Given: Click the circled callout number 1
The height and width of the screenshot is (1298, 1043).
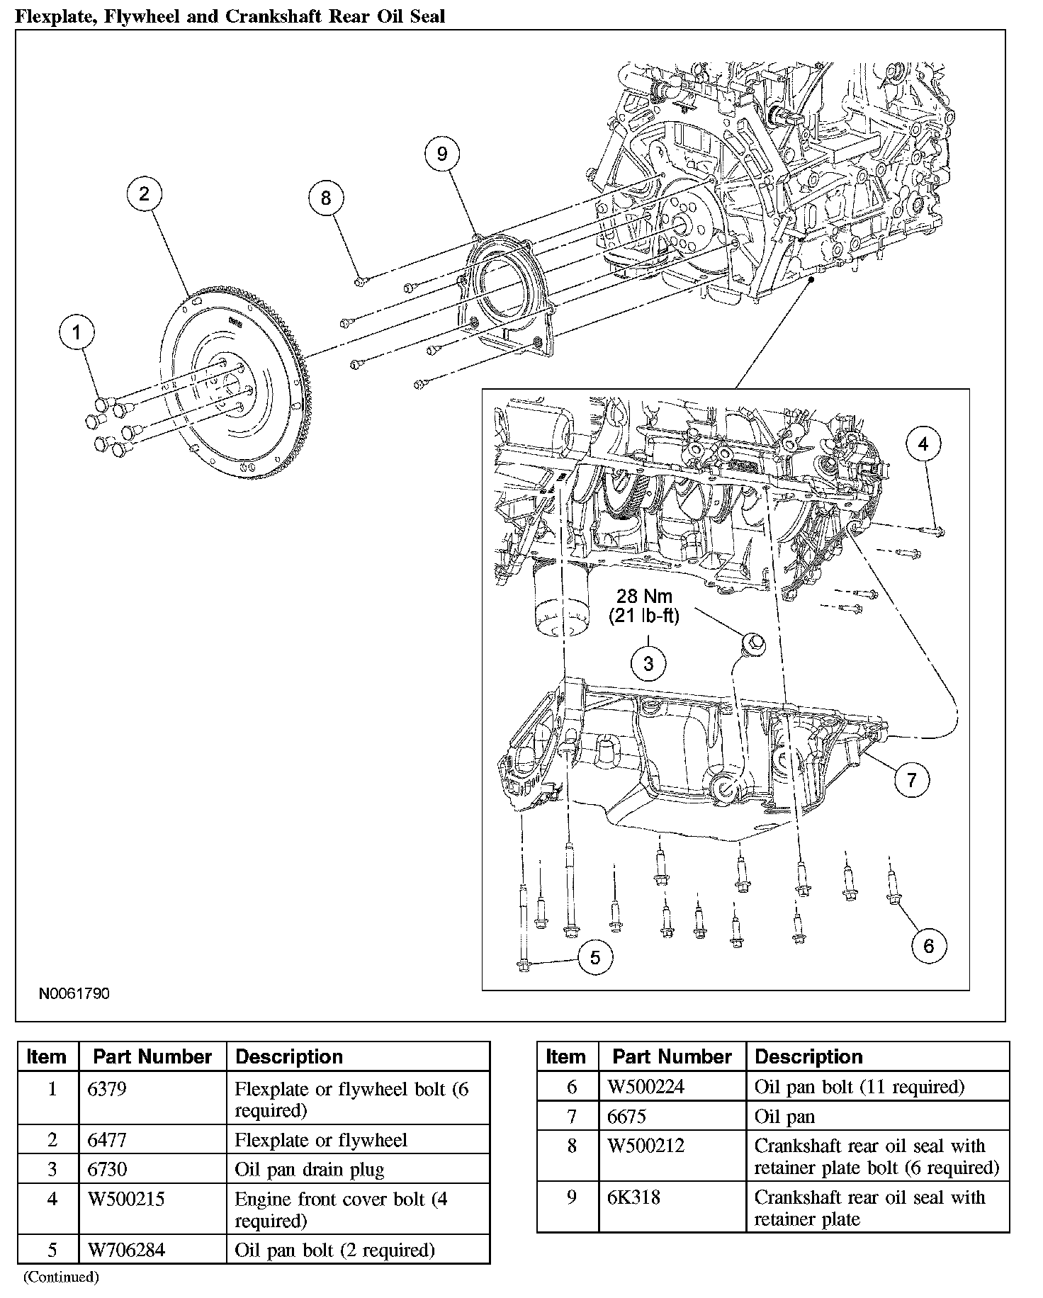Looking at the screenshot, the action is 77,332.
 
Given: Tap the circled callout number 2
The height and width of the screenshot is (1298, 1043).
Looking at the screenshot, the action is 145,194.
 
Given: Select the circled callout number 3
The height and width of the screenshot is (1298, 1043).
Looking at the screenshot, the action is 648,664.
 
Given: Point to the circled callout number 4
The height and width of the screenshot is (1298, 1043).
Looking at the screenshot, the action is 923,444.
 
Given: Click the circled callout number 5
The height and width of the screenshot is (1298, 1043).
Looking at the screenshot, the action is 595,958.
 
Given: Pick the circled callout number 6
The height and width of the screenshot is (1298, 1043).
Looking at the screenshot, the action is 928,945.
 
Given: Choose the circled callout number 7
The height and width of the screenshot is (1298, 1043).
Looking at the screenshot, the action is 911,780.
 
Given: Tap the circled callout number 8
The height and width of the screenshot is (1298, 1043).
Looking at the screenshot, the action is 326,198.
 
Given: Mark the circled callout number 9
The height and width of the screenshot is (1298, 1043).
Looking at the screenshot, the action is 442,154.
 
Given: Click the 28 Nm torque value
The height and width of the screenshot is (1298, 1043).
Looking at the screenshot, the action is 644,596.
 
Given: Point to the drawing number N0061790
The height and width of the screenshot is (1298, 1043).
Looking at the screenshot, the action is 74,993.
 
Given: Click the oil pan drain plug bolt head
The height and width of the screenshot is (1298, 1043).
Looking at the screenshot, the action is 752,643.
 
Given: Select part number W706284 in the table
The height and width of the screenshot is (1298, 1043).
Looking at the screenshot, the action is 125,1249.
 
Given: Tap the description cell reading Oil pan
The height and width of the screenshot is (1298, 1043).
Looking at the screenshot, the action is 784,1117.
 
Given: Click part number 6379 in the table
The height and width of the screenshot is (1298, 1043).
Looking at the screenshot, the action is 106,1088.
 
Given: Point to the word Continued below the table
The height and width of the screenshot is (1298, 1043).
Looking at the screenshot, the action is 61,1277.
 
